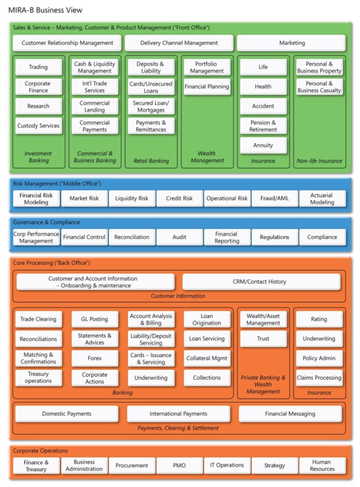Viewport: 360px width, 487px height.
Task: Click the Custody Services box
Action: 39,126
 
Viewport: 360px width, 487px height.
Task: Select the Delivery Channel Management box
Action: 179,43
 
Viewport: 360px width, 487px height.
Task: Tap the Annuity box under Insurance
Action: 263,145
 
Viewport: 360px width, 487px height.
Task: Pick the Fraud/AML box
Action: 275,198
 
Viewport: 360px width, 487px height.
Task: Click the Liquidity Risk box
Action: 132,198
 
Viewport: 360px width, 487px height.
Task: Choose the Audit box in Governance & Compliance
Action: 180,237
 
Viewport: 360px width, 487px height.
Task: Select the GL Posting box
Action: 95,319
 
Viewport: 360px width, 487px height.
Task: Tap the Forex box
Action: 95,358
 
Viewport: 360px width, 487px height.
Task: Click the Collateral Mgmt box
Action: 207,358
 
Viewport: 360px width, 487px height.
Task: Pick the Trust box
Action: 263,339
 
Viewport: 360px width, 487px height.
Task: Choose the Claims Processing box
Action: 319,378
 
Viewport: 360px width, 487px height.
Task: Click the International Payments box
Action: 178,414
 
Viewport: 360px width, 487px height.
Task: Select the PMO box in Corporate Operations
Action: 180,465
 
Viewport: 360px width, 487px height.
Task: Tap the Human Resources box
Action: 322,465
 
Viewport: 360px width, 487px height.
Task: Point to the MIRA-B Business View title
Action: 45,10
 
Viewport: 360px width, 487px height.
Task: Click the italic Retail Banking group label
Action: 151,161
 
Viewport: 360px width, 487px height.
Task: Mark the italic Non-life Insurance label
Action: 319,161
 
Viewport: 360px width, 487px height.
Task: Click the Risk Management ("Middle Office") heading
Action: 57,184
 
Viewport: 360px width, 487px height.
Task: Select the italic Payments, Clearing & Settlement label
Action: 178,428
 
